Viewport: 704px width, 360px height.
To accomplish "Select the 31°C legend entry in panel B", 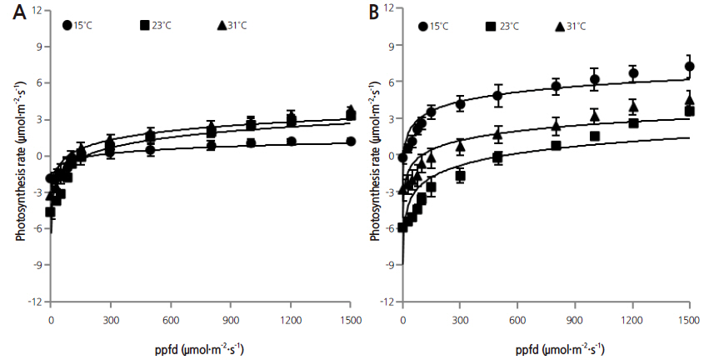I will [573, 26].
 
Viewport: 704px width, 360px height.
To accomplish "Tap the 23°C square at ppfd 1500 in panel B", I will [689, 111].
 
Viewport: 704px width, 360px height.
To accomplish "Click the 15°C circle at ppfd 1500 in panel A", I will [351, 142].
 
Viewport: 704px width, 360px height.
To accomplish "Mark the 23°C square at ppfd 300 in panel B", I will [460, 176].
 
